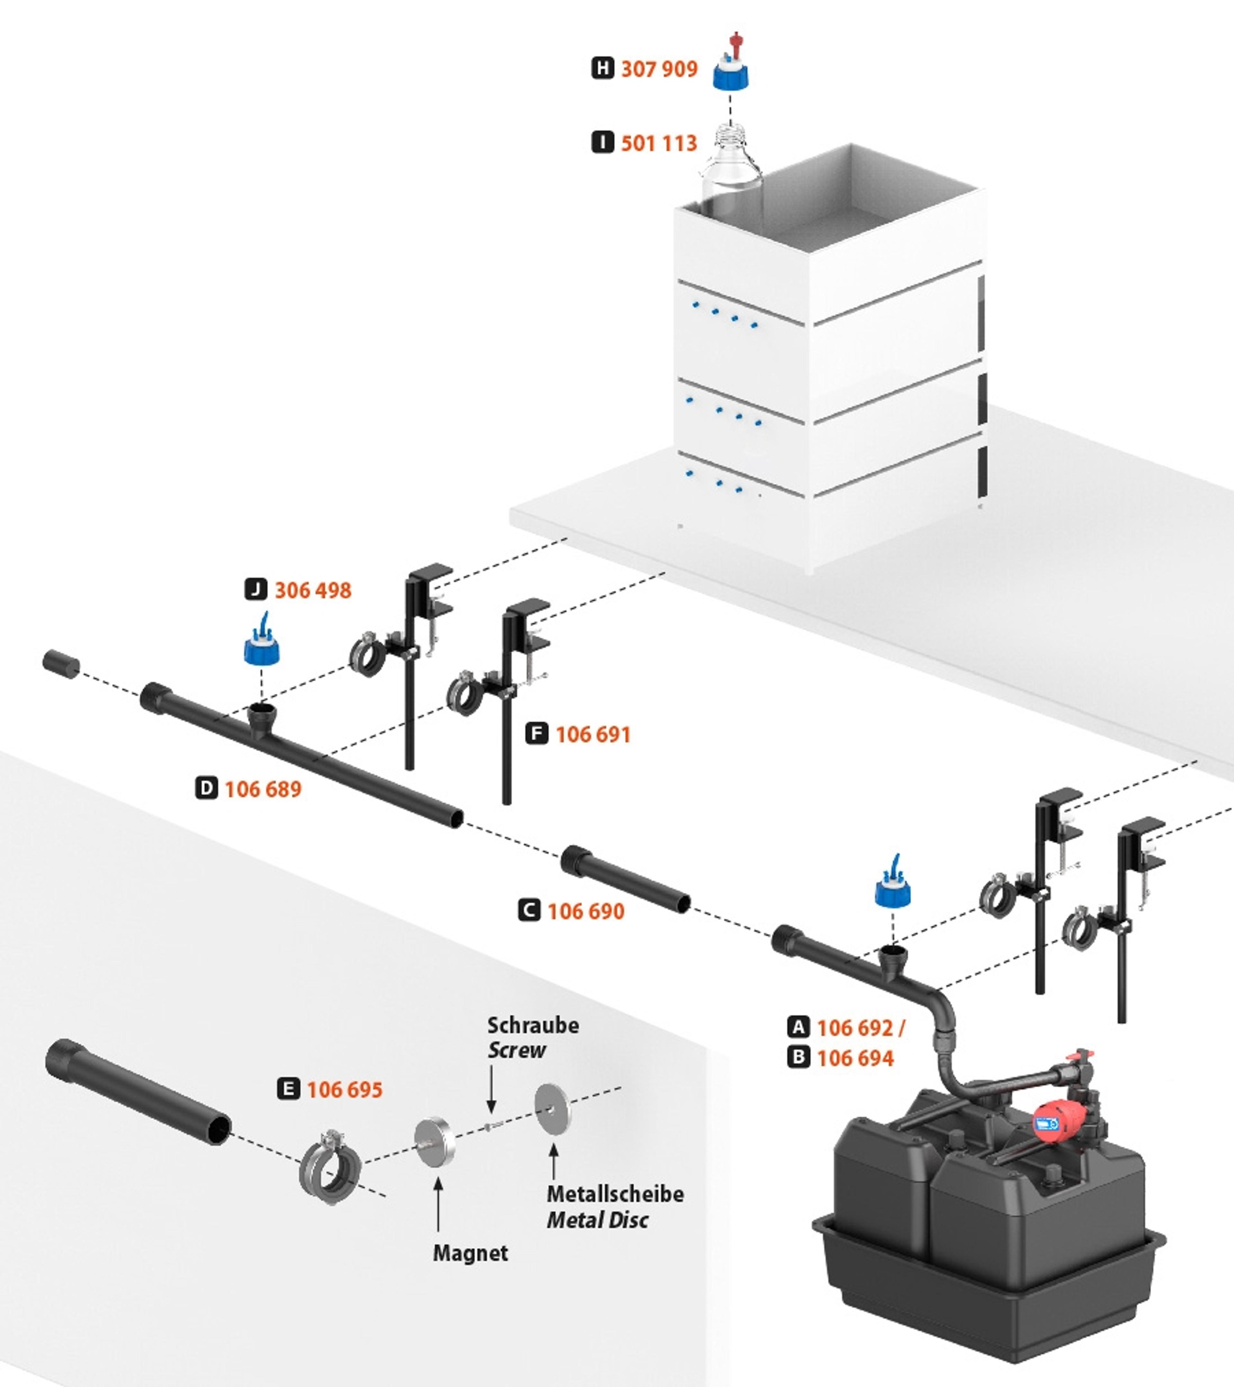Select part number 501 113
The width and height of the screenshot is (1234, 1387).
[659, 143]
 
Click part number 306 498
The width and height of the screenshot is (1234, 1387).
[313, 590]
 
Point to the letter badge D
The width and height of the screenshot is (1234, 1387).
[206, 788]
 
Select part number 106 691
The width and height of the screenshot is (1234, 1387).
[593, 734]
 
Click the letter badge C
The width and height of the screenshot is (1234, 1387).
[529, 911]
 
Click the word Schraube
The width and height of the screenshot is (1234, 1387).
[533, 1025]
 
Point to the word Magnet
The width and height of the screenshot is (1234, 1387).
[470, 1253]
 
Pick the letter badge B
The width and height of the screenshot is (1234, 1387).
[799, 1057]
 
